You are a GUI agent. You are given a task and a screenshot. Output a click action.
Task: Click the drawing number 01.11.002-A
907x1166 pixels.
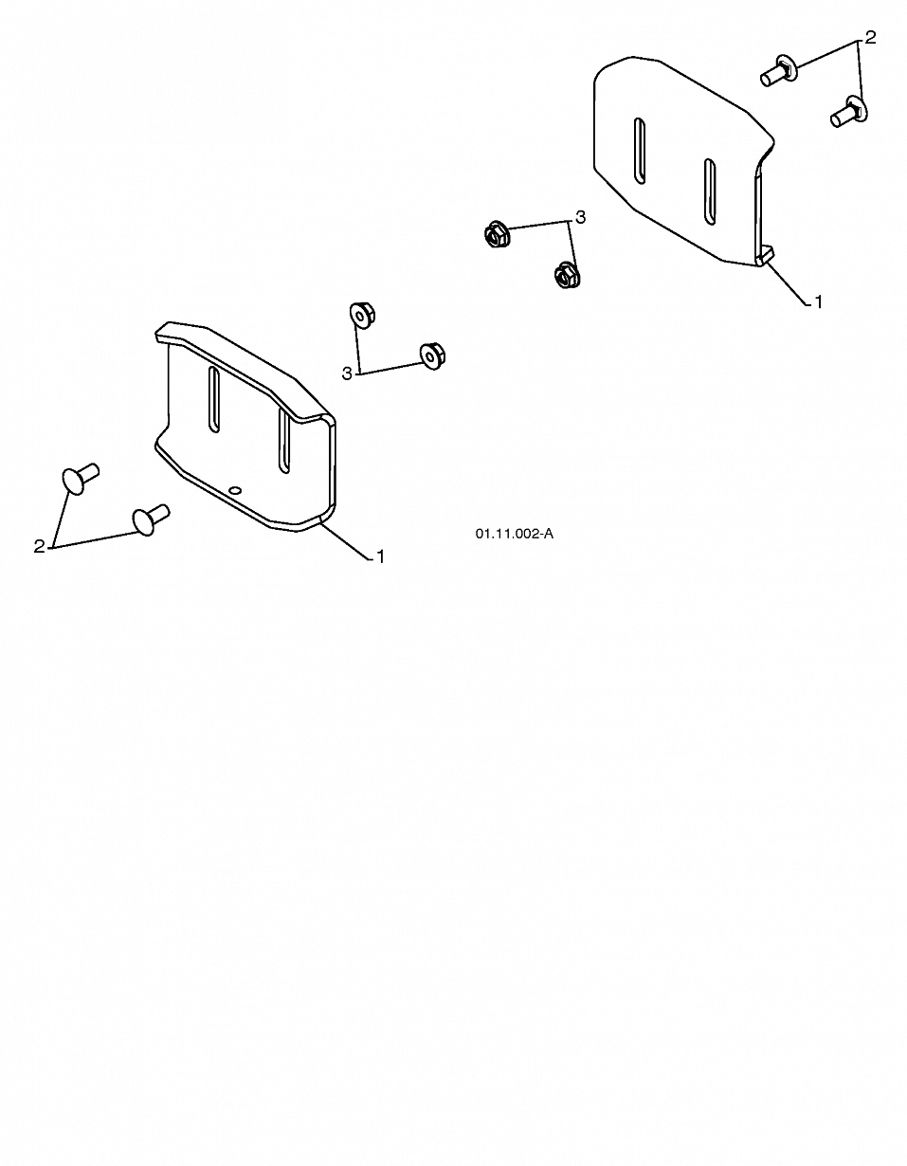pos(514,534)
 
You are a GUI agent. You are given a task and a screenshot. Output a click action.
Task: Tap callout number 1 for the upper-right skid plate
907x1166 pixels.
pos(818,302)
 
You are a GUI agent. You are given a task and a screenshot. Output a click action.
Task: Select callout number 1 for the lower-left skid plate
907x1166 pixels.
pos(381,557)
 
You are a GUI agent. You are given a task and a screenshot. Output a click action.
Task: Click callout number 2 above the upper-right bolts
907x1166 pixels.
pos(870,38)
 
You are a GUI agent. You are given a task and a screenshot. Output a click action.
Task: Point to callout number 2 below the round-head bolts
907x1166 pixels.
pos(39,547)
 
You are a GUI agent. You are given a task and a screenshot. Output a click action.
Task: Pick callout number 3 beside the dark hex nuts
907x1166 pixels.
pos(580,217)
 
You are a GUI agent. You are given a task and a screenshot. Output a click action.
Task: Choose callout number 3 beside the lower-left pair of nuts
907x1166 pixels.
pos(347,373)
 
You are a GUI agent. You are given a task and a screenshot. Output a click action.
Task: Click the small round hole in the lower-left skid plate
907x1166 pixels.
pos(234,490)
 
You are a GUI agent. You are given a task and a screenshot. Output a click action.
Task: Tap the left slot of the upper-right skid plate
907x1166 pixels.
pos(640,151)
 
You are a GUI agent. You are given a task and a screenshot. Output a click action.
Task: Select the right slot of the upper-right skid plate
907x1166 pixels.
pos(709,191)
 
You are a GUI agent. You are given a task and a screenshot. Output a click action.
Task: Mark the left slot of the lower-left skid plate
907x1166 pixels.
pos(214,399)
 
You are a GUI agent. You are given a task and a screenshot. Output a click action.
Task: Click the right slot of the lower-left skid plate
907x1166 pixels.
pos(283,441)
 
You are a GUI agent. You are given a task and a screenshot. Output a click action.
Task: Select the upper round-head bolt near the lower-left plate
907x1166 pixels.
pos(81,478)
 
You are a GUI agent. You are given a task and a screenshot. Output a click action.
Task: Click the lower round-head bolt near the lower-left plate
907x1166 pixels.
pos(150,519)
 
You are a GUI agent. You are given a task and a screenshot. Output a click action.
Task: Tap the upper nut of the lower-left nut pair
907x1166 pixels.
pos(361,315)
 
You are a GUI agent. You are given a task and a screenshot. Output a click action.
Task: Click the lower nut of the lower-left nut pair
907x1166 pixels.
pos(432,355)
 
